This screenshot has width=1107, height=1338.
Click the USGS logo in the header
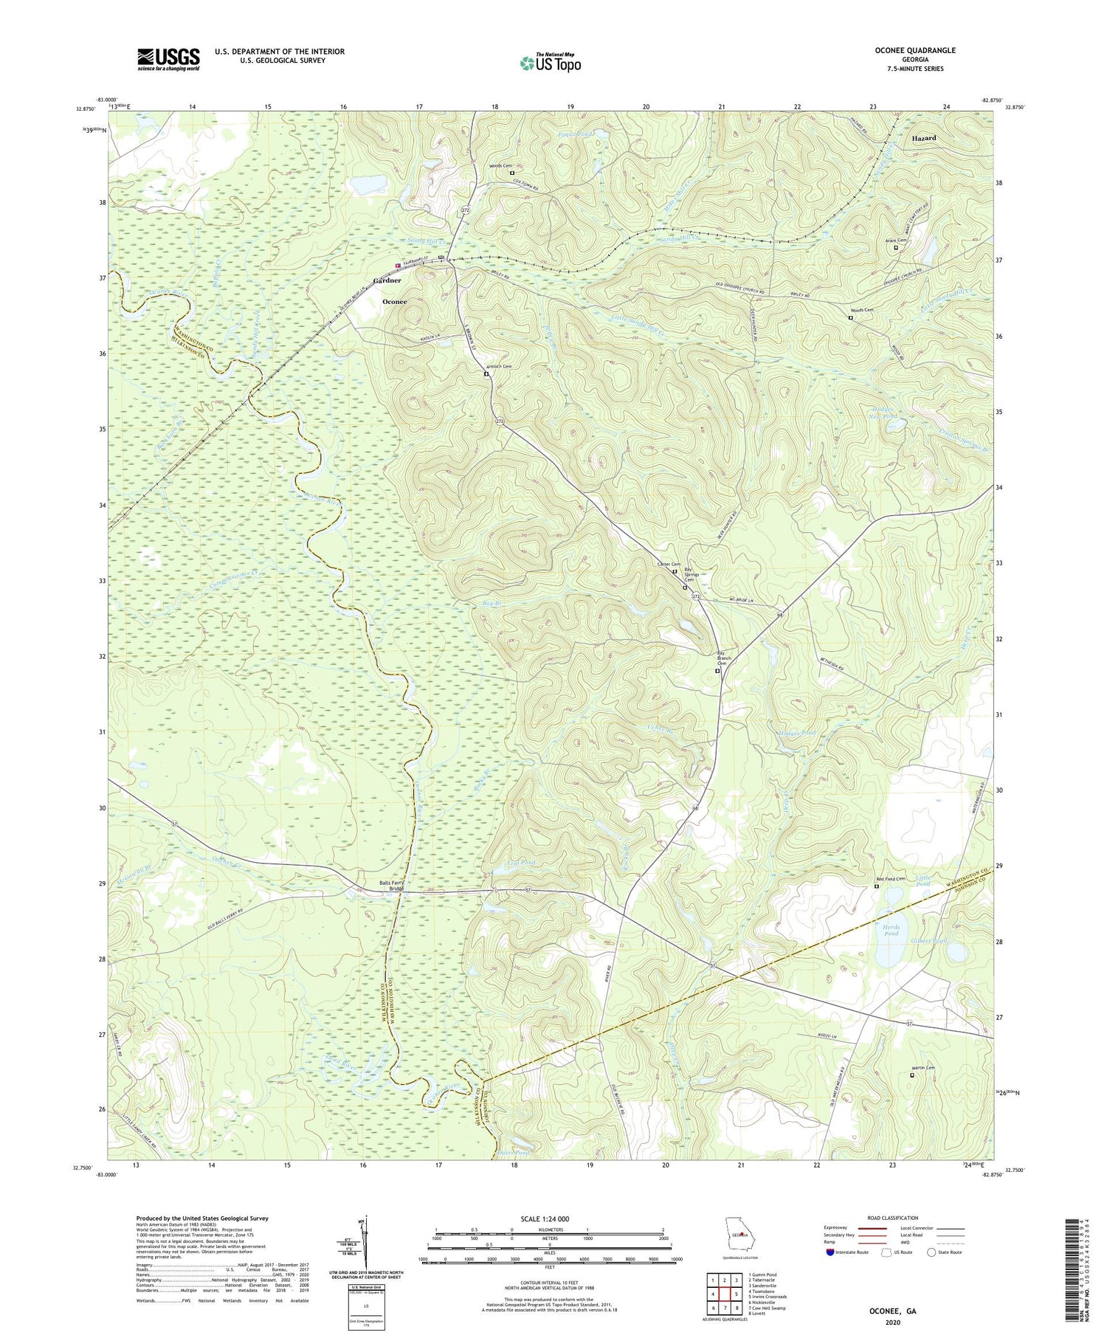168,59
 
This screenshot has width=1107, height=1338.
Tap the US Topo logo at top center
550,63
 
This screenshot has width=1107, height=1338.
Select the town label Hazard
923,138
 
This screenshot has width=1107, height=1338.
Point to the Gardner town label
387,280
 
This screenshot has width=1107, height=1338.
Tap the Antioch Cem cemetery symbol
486,374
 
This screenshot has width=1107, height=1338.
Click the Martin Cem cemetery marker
911,1075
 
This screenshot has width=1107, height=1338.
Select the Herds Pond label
891,931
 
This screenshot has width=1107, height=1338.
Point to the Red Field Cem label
890,878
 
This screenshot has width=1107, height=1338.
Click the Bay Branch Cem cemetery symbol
717,672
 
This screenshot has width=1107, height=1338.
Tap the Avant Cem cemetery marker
896,248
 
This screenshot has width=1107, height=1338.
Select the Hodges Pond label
796,733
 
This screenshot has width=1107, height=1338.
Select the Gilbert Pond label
929,941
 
